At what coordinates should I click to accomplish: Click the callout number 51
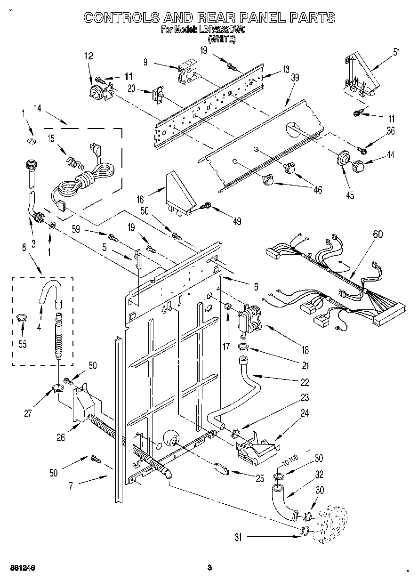point(396,52)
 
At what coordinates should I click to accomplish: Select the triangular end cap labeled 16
point(180,193)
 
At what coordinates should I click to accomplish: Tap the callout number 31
point(238,536)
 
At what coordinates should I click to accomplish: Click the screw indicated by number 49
point(206,206)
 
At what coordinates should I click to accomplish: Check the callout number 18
point(305,349)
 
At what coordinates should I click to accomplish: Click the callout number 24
point(305,414)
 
